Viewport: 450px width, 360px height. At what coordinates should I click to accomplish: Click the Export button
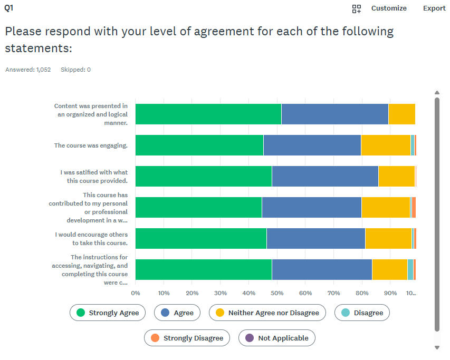[434, 8]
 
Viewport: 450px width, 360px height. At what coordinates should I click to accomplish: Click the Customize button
[388, 8]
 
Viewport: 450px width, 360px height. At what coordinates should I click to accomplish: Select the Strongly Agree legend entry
[108, 313]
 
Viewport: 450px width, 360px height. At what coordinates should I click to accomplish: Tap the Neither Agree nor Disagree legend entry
[267, 313]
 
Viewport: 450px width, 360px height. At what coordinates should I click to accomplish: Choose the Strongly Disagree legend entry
[187, 338]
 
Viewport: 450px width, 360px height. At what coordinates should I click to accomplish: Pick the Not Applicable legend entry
[277, 338]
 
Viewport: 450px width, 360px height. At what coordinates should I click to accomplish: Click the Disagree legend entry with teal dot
[362, 313]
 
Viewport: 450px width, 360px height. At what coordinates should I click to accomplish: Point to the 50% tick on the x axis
[277, 293]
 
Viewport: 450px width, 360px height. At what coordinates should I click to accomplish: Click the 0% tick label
[136, 293]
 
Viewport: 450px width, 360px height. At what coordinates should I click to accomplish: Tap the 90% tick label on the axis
[390, 293]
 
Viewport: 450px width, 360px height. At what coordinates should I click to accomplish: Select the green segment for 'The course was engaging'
[199, 145]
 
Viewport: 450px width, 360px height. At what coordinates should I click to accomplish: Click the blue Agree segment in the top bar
[334, 114]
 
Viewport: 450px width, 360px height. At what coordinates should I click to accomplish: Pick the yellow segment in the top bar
[401, 114]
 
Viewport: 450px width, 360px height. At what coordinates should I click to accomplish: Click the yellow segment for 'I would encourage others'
[388, 238]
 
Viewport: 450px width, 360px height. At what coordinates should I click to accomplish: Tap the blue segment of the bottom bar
[321, 269]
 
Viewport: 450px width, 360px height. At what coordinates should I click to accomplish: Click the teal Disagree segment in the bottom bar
[410, 269]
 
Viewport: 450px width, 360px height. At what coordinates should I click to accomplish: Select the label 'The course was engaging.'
[91, 145]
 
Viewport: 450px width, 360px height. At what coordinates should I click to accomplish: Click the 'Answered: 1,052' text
[28, 70]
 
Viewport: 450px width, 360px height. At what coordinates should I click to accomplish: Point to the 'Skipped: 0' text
[75, 70]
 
